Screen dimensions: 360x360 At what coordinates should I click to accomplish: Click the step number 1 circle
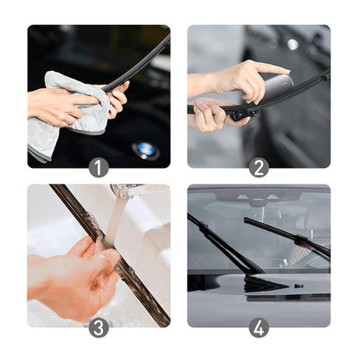point(99,168)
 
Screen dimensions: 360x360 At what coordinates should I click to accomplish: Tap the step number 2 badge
point(259,168)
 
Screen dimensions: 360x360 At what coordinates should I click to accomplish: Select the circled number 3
point(99,328)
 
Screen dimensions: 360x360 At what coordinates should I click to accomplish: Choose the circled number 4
point(259,328)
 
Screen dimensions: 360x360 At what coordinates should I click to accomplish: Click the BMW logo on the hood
point(145,151)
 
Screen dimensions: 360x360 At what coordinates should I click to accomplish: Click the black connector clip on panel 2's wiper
point(235,112)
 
